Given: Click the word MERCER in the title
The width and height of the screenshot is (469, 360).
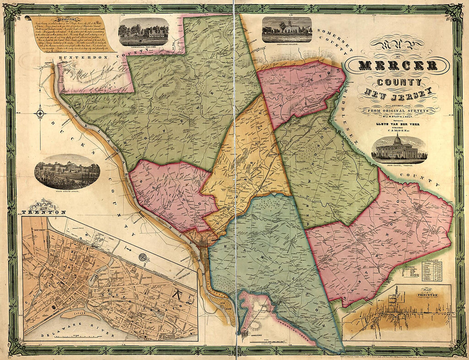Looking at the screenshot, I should pos(398,65).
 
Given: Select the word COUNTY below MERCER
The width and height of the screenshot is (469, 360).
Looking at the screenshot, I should pos(399,81).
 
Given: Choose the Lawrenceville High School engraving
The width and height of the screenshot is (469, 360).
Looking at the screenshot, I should pos(144,32).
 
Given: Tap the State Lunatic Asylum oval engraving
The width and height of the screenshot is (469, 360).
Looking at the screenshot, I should pos(67,171).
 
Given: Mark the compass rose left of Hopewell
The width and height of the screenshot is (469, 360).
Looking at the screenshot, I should pos(41,114).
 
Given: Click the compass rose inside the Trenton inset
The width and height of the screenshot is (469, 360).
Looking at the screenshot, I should pos(143,257).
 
